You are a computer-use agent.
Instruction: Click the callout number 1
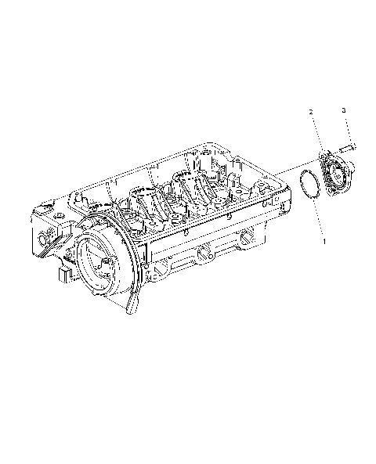tap(324, 243)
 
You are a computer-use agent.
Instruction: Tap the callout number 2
tap(311, 113)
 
